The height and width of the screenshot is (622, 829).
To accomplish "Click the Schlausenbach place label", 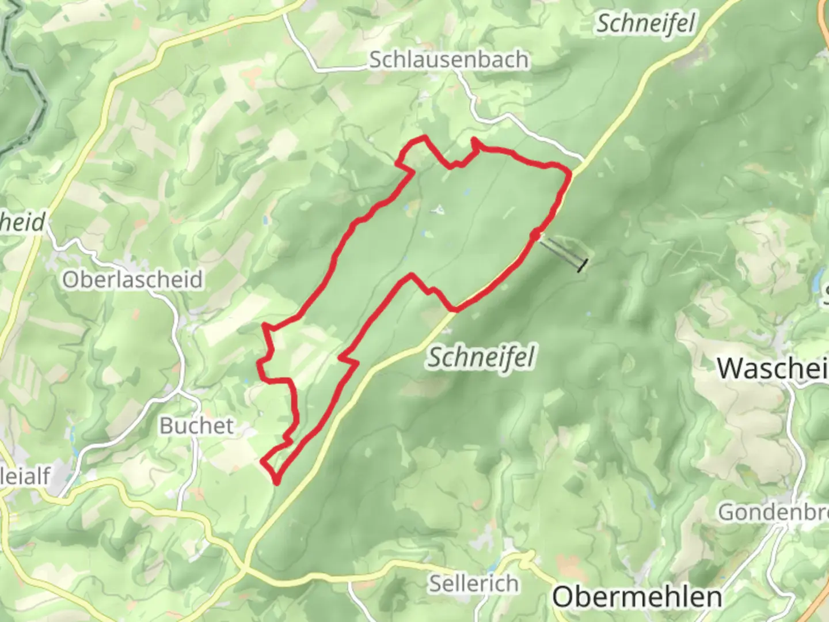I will point(448,59).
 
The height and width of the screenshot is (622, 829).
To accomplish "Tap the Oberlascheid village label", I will point(132,280).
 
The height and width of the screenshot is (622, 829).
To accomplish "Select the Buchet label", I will point(196,426).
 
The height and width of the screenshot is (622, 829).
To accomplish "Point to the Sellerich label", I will point(473,583).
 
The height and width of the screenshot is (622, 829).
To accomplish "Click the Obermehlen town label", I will point(637,597).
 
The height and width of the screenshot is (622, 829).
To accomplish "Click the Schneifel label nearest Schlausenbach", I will point(645,24).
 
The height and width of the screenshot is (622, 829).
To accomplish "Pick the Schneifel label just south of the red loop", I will point(481,357).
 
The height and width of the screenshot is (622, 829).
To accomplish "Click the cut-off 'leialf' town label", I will point(26,476).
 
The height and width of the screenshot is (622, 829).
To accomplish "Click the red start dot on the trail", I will point(535,234).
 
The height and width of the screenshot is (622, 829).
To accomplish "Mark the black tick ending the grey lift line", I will point(583,266).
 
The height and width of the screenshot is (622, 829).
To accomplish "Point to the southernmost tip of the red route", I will point(277,482).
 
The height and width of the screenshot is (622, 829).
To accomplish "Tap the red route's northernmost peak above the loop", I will point(425,137).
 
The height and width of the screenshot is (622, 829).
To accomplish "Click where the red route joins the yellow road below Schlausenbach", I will point(570,172).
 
